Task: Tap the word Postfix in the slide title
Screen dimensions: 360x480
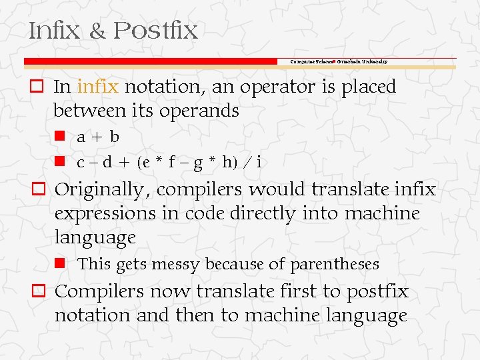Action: point(155,31)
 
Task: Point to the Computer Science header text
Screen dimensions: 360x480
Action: point(312,61)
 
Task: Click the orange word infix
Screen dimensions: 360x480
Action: point(98,87)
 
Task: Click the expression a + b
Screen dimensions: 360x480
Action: point(98,137)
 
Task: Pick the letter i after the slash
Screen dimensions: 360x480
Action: point(259,162)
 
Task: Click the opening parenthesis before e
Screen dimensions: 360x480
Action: point(138,162)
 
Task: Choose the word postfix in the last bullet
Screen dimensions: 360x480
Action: point(375,292)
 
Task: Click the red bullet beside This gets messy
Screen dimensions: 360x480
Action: point(59,263)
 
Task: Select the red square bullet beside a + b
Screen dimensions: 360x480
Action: point(59,135)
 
